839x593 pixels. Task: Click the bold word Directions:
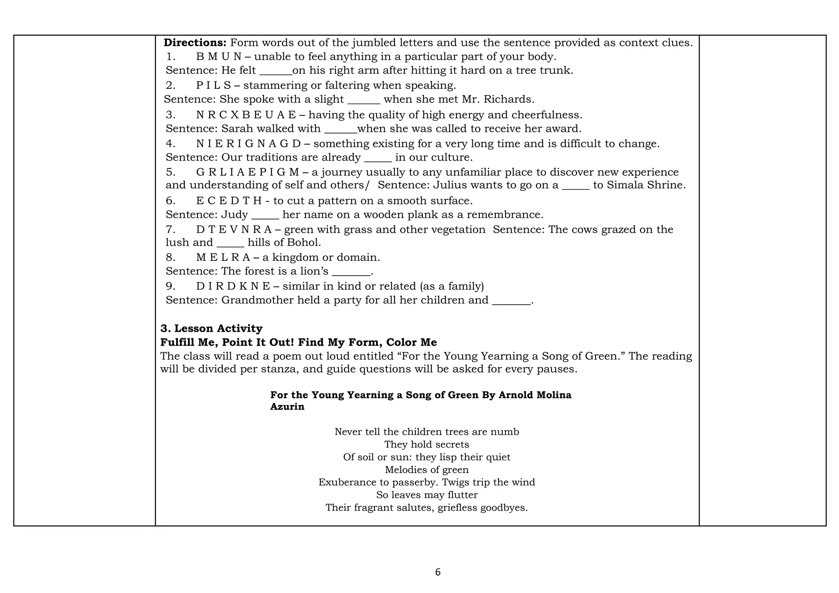[x=195, y=43]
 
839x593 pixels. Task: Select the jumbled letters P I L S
[x=213, y=86]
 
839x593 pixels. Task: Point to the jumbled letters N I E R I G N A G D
[x=248, y=144]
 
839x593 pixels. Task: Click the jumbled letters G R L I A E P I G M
[x=248, y=172]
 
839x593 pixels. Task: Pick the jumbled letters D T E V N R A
[x=234, y=230]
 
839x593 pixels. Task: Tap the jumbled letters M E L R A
[x=223, y=258]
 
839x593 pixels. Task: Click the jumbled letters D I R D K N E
[x=233, y=286]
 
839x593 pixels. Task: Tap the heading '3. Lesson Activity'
[x=211, y=328]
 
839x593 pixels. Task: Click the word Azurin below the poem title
[x=287, y=407]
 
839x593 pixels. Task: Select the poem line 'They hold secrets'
[x=426, y=444]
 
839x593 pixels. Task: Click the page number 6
[x=438, y=573]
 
